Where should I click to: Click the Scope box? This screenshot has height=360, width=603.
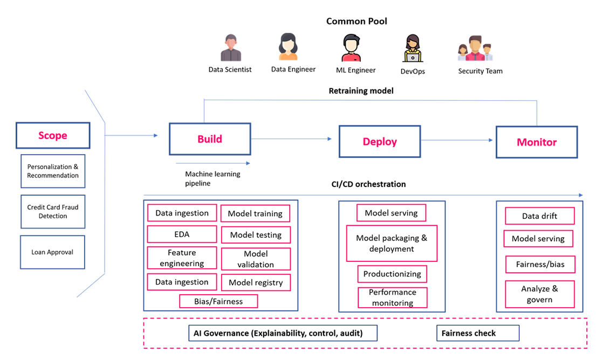(53, 135)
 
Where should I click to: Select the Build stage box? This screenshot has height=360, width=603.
(210, 139)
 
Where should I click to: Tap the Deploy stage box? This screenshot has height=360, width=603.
(380, 141)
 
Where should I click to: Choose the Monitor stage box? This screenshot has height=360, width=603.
(537, 142)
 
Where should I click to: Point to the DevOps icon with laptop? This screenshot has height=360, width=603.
(413, 48)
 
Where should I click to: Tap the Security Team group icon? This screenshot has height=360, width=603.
(475, 49)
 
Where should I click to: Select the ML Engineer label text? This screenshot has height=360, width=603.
(356, 70)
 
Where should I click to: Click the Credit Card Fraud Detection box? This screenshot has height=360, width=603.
(53, 212)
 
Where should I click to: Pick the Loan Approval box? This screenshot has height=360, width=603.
(52, 252)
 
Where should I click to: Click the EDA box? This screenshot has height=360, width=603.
(182, 234)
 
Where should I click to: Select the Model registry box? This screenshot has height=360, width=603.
(256, 282)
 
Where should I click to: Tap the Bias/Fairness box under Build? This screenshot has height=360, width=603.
(218, 301)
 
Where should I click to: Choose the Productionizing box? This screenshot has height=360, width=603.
(392, 274)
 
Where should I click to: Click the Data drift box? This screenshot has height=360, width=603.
(539, 216)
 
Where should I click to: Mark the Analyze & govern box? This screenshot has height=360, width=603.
(539, 294)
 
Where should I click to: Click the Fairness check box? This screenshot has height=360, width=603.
(478, 333)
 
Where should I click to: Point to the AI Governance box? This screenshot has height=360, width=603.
(283, 333)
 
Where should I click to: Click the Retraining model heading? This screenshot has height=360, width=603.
(361, 91)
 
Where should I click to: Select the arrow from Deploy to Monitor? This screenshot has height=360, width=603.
(456, 140)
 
